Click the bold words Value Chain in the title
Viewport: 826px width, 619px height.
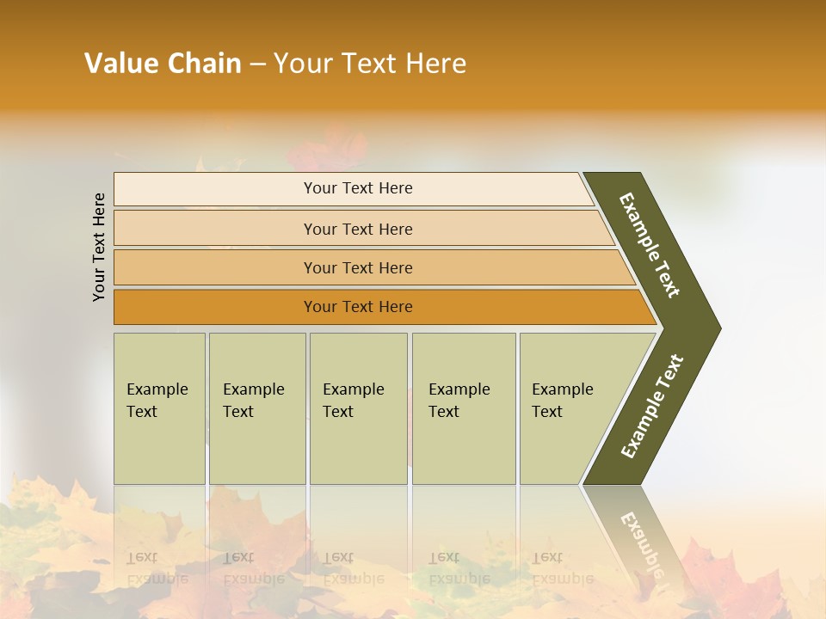[x=163, y=63]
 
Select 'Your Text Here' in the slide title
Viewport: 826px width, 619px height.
[x=370, y=63]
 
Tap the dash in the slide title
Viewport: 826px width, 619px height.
[x=257, y=64]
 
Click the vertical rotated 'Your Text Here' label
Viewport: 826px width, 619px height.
[x=99, y=247]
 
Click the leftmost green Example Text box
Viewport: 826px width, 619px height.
[x=159, y=408]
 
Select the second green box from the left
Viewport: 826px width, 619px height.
[x=257, y=408]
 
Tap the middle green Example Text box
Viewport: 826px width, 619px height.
[x=358, y=408]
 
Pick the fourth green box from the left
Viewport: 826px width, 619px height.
[x=464, y=408]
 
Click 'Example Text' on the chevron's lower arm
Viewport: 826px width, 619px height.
[x=652, y=407]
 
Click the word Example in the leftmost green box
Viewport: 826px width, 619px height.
[x=157, y=389]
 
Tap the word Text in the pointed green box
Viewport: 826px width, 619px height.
[x=547, y=412]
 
